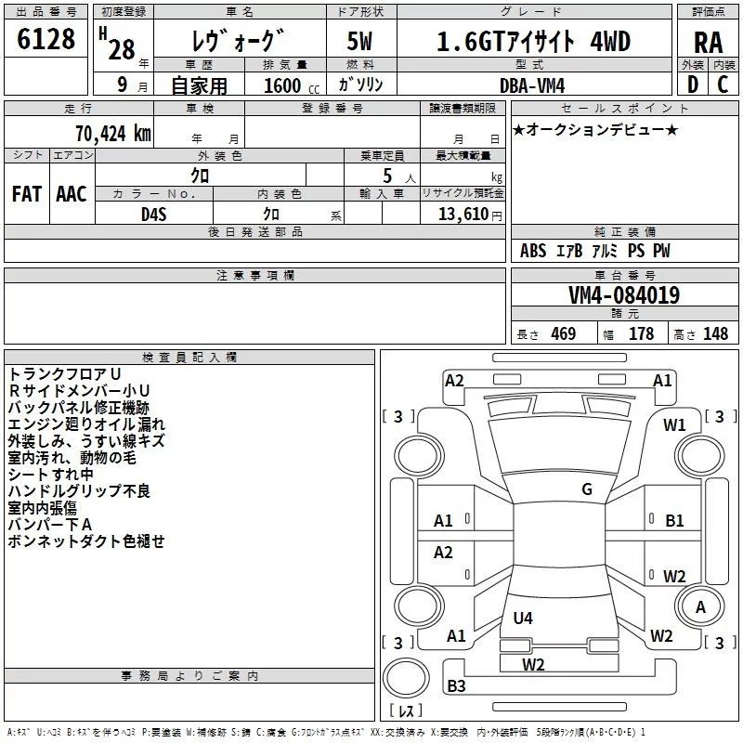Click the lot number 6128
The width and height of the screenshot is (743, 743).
[x=46, y=39]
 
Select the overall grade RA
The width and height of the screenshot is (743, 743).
[x=709, y=43]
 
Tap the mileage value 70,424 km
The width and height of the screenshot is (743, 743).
[x=113, y=134]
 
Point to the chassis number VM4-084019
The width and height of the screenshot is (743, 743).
[x=624, y=295]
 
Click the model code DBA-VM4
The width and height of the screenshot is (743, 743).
[x=532, y=85]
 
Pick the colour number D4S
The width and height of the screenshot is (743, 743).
[x=154, y=215]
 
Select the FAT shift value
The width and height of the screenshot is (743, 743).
[x=27, y=194]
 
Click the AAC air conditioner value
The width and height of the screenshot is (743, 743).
[x=72, y=194]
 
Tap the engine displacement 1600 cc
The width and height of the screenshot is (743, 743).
[x=292, y=85]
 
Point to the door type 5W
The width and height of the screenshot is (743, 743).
[x=359, y=41]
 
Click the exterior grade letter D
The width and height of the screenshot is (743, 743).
[x=693, y=85]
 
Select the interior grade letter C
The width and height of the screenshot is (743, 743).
[x=723, y=85]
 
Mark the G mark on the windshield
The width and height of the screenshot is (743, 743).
[x=587, y=489]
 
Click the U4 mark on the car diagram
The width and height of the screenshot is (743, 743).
[x=523, y=618]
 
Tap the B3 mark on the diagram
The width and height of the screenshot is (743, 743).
[x=456, y=685]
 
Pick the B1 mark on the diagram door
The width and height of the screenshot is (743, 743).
[x=674, y=521]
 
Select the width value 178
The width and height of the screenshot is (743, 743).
[x=641, y=333]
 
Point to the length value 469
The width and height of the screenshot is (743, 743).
[x=564, y=333]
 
